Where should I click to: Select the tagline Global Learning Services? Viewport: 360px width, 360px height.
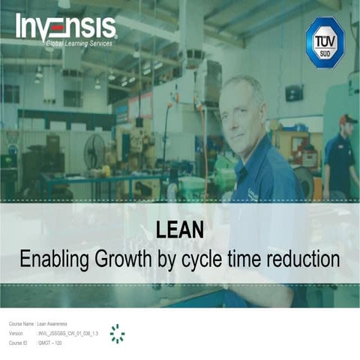tap(79, 44)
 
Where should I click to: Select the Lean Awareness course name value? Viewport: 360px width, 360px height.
tap(52, 322)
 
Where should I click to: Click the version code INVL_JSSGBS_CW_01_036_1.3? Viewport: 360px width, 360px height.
tap(67, 332)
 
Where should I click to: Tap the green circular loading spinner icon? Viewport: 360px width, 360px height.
tap(117, 334)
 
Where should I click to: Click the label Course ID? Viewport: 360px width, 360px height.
tap(17, 342)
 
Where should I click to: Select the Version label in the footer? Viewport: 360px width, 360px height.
tap(16, 332)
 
